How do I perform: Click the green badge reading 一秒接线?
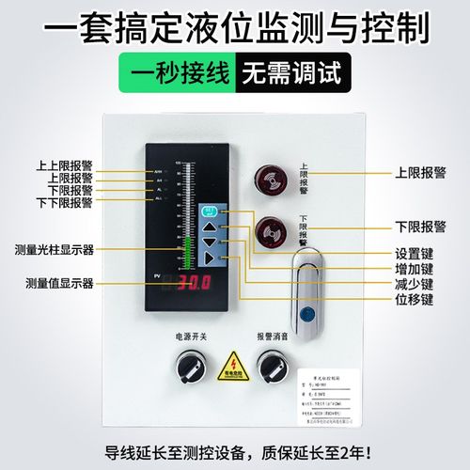tap(182, 72)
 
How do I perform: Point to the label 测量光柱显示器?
tap(54, 249)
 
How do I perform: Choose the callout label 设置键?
tap(414, 253)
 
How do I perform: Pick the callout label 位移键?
tap(414, 299)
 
